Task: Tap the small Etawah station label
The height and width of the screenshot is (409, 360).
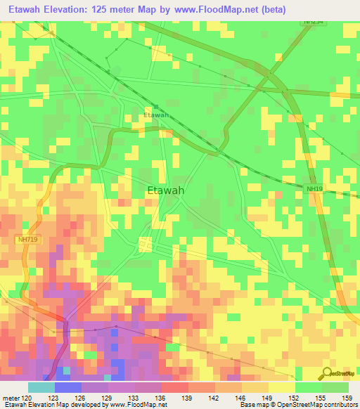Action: [x=156, y=115]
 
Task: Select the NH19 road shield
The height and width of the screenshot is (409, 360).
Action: [x=314, y=188]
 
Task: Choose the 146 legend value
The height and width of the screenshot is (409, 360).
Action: [x=241, y=398]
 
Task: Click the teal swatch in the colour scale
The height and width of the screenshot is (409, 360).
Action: [x=41, y=387]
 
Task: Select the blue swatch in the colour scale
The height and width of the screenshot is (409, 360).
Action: [x=67, y=387]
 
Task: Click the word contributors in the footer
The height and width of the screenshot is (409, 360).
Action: [x=339, y=405]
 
